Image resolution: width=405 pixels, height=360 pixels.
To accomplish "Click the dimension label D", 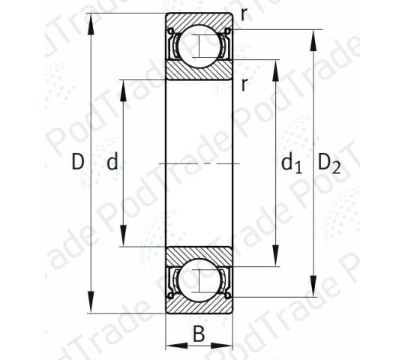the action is click(x=78, y=162).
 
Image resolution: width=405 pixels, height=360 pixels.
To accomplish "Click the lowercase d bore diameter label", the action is click(x=112, y=161).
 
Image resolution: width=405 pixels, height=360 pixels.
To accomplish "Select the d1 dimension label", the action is click(x=291, y=163).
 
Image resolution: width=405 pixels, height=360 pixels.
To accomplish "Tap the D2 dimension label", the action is click(x=328, y=163).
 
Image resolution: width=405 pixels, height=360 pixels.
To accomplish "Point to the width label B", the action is click(x=199, y=334).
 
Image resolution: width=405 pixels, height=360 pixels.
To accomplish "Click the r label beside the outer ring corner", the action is click(x=244, y=15).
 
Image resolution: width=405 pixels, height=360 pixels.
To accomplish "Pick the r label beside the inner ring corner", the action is click(x=244, y=84).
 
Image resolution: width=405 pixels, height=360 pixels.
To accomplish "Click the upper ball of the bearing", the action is click(x=199, y=46).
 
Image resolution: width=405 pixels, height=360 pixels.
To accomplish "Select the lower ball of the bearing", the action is click(x=199, y=280).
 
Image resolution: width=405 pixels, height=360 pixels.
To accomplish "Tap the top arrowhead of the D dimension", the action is click(x=91, y=24).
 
